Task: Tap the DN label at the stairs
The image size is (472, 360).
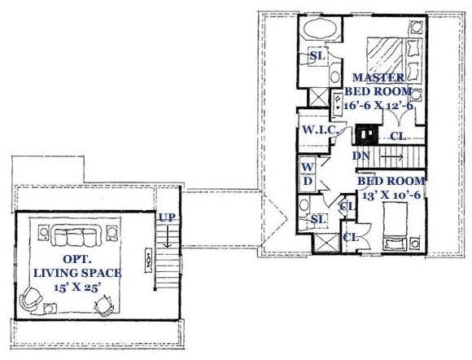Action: (x=362, y=155)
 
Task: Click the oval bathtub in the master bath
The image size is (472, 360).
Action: (x=318, y=32)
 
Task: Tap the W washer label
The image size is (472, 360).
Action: (x=308, y=166)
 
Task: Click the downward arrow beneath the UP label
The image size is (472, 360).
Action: (x=165, y=239)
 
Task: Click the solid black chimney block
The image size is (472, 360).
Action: (x=365, y=131)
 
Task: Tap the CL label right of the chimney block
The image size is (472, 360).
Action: (x=398, y=136)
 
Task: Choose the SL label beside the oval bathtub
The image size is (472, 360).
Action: (x=318, y=56)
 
